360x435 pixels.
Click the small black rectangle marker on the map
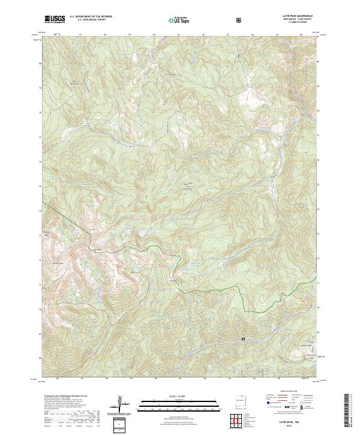pos(244,339)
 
